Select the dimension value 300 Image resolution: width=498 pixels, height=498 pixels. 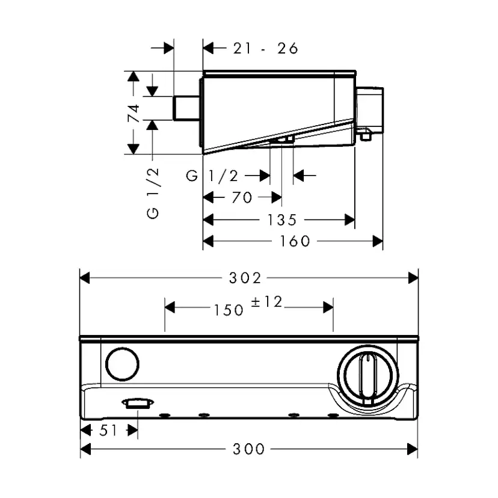(x=248, y=449)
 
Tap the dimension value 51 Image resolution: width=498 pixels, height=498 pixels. (x=109, y=431)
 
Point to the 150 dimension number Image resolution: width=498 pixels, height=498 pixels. (x=228, y=310)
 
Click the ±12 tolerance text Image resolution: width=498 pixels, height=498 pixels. (x=266, y=303)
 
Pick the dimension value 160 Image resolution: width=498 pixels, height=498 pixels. (x=295, y=241)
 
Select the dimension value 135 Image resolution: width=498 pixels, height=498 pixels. (x=281, y=220)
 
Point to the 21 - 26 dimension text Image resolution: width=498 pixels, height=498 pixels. (x=265, y=49)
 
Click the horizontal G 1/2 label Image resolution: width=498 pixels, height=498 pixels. (x=212, y=176)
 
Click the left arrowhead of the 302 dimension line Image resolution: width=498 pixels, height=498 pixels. (x=85, y=278)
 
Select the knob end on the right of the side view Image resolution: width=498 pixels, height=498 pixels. (x=370, y=108)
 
